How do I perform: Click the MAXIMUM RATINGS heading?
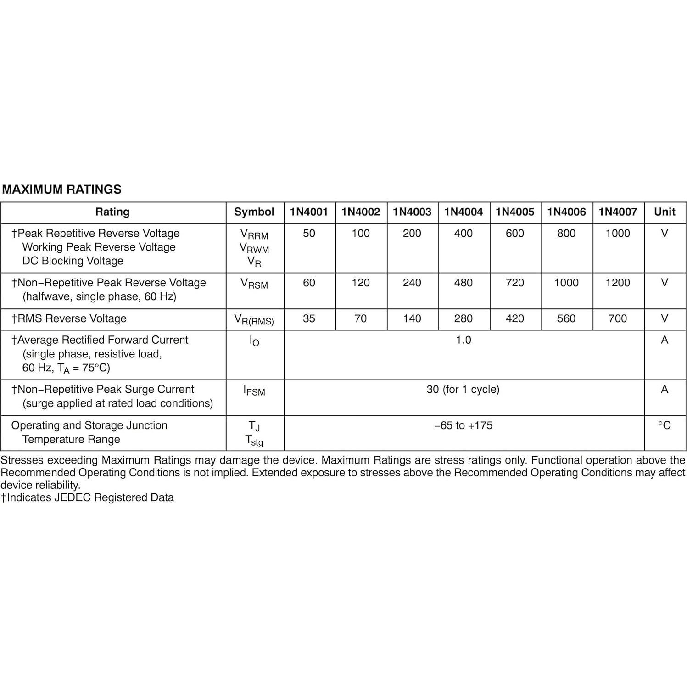point(62,190)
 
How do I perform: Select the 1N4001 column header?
point(309,212)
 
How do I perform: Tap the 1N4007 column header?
point(618,212)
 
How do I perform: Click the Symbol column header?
point(254,212)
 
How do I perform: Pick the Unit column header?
point(665,212)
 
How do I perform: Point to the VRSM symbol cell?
point(254,284)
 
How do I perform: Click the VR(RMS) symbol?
point(254,319)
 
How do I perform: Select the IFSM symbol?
point(254,391)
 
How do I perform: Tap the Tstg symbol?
point(254,441)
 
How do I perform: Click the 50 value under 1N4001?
point(309,234)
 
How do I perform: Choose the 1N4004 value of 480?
point(463,283)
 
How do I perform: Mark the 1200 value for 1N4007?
point(618,283)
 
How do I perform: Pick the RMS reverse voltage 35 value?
point(309,318)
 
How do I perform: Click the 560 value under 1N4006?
point(566,318)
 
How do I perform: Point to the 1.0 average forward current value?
point(464,340)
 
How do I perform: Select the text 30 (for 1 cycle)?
point(463,390)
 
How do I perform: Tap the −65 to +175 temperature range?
point(464,425)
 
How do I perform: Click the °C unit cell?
point(665,425)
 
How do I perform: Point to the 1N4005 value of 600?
point(514,234)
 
